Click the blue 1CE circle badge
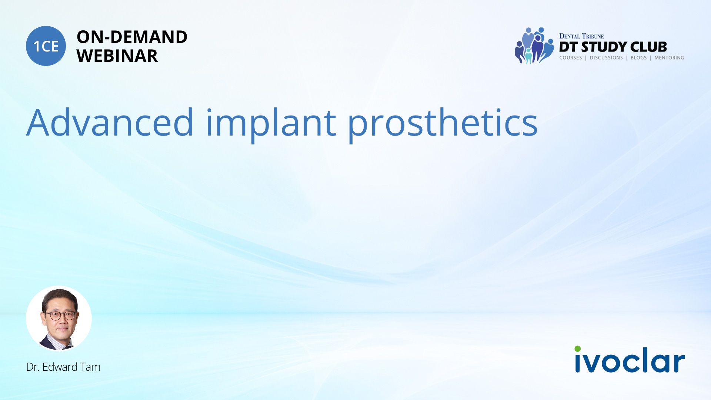coord(46,46)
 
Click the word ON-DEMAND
coord(132,37)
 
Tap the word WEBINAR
coord(117,56)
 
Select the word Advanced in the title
coord(110,122)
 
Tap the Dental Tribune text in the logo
coord(581,36)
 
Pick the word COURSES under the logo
coord(571,58)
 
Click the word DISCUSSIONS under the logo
coord(606,58)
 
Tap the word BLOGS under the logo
coord(638,58)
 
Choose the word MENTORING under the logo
coord(669,58)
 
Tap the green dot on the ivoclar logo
coord(578,349)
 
